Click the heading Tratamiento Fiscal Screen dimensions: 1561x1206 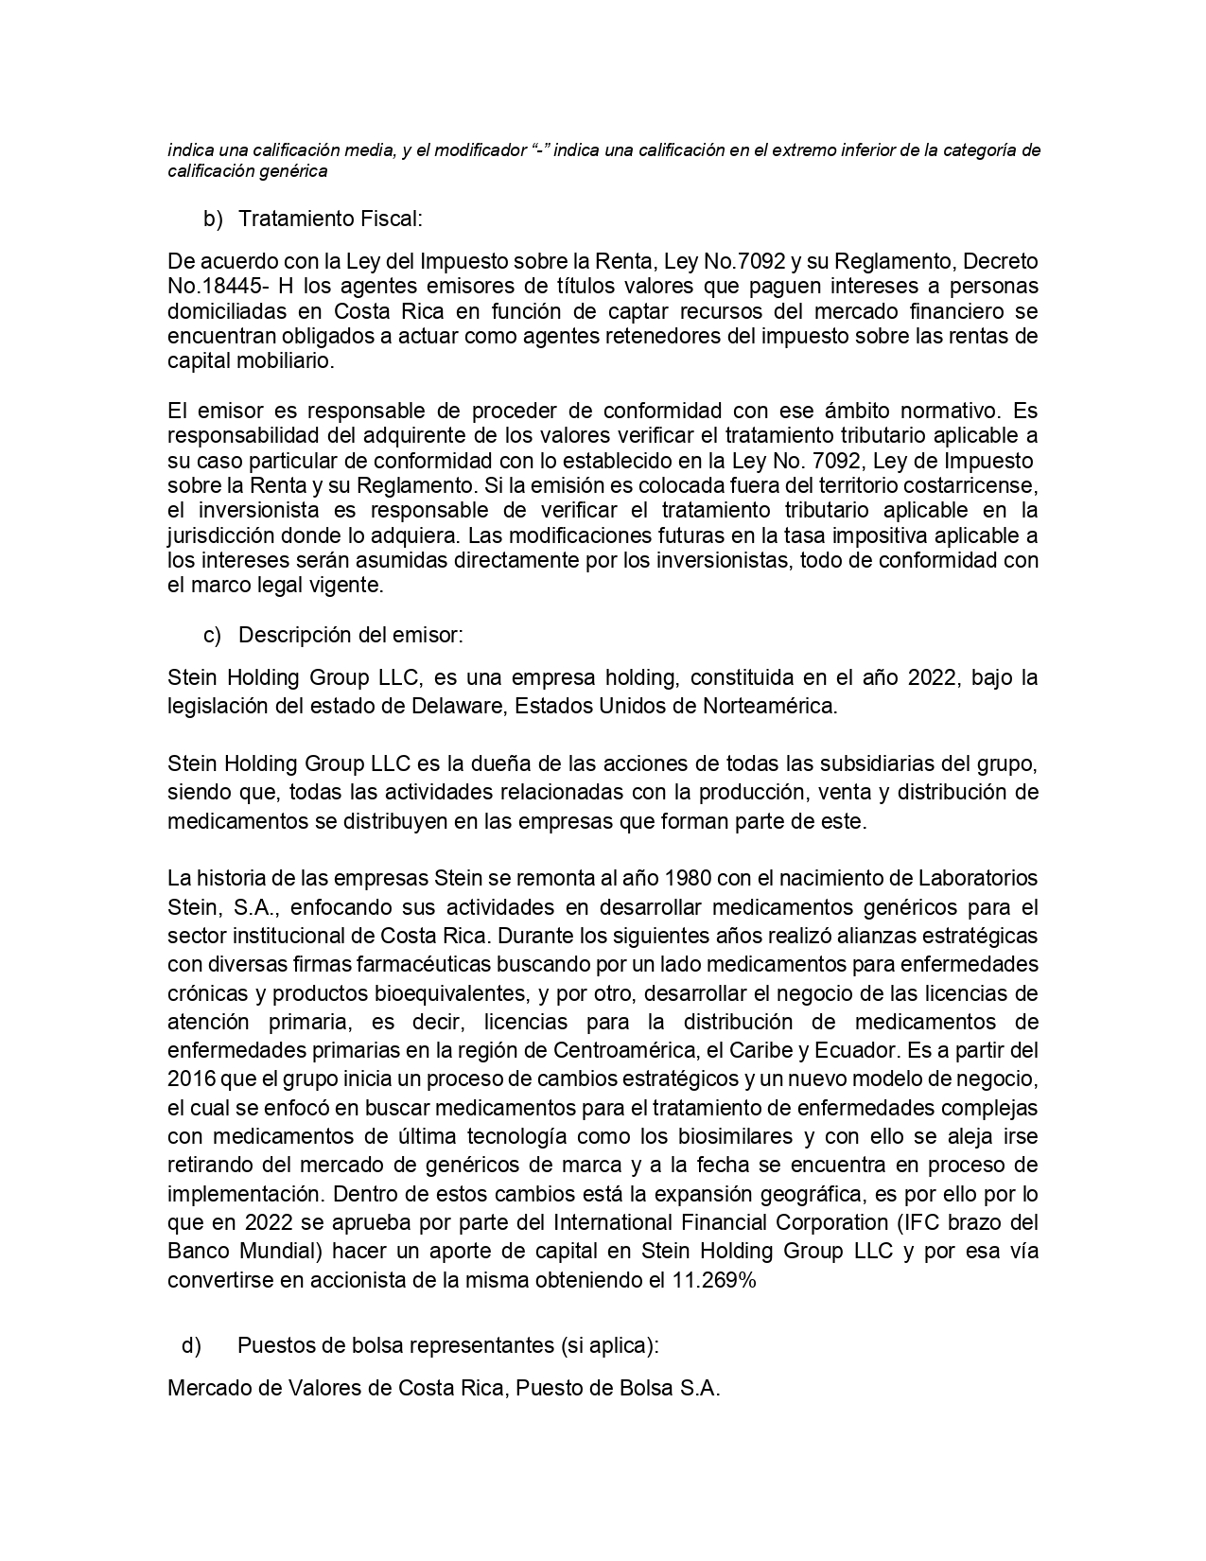point(329,219)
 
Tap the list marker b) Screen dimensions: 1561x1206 point(213,219)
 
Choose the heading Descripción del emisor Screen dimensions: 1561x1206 point(350,635)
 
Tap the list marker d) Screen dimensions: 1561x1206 point(191,1344)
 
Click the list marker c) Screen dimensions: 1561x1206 point(213,635)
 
